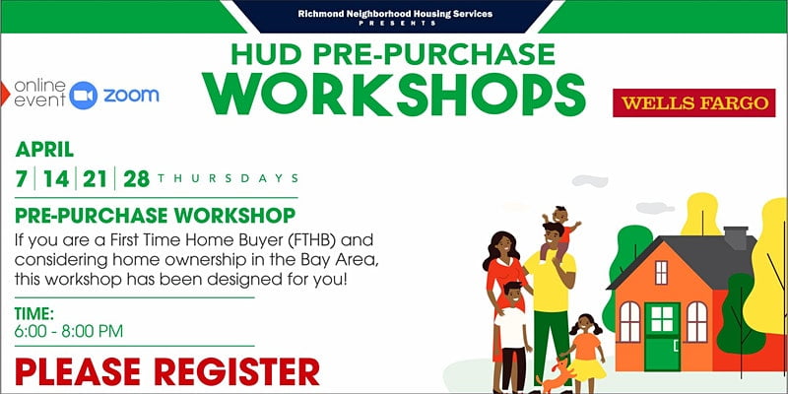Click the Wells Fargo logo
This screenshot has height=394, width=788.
click(694, 103)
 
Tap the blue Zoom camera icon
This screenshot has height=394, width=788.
click(83, 95)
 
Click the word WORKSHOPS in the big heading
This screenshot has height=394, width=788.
click(393, 95)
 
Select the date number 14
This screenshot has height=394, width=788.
click(56, 178)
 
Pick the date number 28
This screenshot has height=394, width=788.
click(137, 178)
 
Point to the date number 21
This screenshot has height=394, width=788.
click(95, 178)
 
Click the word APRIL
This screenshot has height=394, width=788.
click(44, 150)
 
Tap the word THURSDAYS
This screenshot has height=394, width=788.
click(229, 178)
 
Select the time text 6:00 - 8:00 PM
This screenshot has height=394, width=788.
click(69, 331)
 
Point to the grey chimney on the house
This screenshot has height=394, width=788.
click(735, 237)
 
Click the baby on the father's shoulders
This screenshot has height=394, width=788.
click(560, 227)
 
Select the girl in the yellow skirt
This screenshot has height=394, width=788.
click(586, 353)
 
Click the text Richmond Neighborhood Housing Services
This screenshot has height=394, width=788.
click(395, 14)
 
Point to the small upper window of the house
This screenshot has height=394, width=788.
click(661, 272)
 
